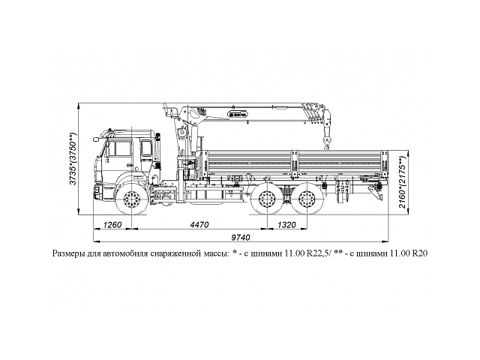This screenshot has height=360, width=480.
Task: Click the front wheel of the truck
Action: pos(133,200)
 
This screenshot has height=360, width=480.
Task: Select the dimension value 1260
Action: pos(112,224)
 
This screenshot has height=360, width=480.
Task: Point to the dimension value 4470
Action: pos(199,224)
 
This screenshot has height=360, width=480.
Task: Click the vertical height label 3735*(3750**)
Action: pos(73,159)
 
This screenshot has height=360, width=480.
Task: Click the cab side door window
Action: pos(120,149)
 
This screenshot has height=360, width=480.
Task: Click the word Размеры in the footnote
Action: pos(70,255)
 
